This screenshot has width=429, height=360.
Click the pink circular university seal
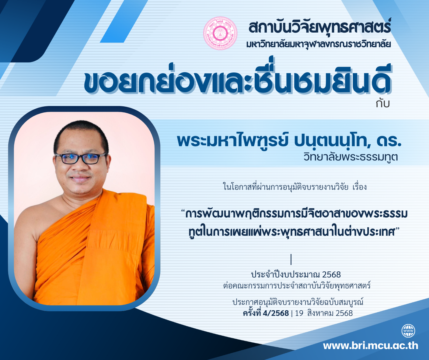[x=220, y=33]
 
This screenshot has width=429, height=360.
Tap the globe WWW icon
[x=408, y=331]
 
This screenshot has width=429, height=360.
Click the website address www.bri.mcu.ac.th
[x=371, y=346]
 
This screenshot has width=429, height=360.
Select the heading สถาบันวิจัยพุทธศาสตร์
[x=320, y=27]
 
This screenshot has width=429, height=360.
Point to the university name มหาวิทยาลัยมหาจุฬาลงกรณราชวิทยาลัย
[x=319, y=44]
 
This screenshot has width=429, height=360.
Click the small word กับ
[x=383, y=104]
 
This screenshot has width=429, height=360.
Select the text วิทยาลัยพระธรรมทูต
[x=351, y=157]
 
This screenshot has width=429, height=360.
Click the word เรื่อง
[x=360, y=187]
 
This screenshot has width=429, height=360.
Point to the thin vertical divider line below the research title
[x=291, y=259]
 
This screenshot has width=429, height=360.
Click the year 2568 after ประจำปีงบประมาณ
[x=332, y=275]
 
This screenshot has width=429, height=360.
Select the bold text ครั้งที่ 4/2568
[x=266, y=313]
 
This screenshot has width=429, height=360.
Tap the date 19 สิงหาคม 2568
[x=324, y=313]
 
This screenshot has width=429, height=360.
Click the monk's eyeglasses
[x=81, y=158]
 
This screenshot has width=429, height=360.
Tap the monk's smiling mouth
[x=81, y=178]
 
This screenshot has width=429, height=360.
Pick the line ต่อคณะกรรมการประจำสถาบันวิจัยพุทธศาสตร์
[x=297, y=286]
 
